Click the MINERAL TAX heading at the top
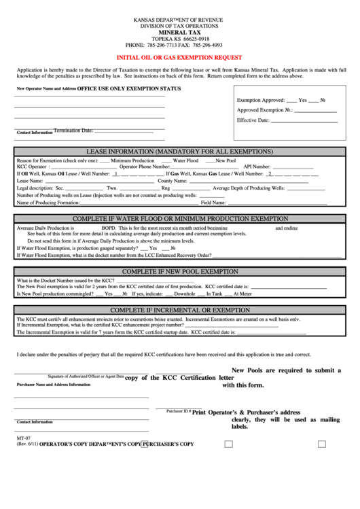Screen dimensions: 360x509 tap(179, 33)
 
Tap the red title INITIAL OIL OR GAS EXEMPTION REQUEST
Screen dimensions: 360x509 tap(179, 59)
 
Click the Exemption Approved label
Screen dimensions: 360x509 tap(261, 99)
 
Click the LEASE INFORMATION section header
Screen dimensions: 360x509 tap(179, 150)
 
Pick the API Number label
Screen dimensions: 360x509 tap(257, 166)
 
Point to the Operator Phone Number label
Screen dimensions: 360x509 tap(145, 166)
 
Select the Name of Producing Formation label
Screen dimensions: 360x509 tap(48, 203)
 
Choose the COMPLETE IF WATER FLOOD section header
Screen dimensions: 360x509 tap(179, 218)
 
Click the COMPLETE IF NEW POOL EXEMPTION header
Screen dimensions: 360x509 tap(179, 270)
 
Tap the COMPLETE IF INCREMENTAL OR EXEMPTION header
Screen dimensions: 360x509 tap(179, 310)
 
